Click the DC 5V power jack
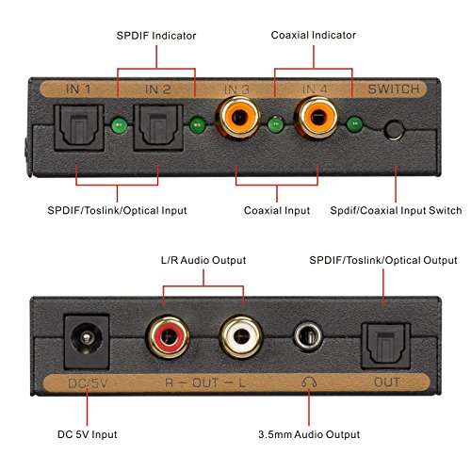point(82,334)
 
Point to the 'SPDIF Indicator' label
point(156,35)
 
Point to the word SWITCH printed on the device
point(395,89)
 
